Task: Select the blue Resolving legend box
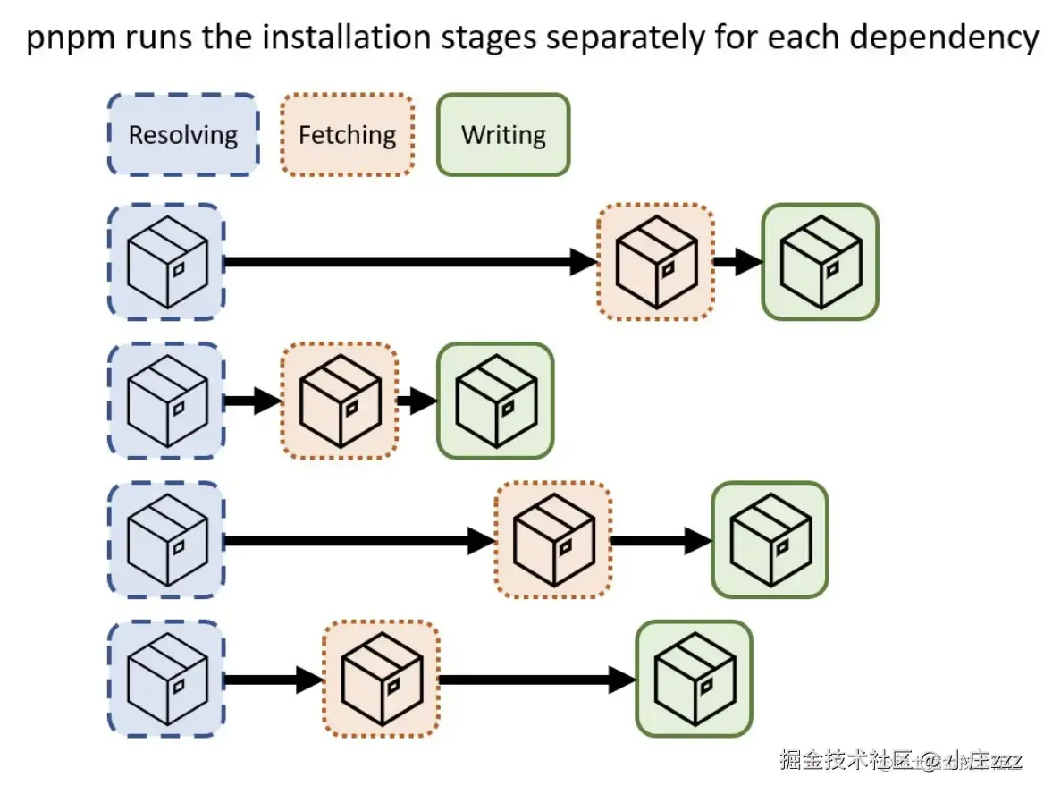point(183,135)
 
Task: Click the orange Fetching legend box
point(347,135)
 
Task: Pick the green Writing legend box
point(503,135)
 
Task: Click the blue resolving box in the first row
point(166,261)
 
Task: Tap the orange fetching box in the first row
point(655,261)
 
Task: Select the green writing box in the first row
point(820,261)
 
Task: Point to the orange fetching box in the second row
point(340,401)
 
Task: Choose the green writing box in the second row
point(495,401)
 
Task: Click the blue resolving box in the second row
point(166,401)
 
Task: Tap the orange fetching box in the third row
point(553,539)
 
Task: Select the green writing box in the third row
point(770,539)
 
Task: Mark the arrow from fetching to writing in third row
point(661,539)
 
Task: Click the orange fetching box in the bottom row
point(381,679)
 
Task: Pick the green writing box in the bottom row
point(694,679)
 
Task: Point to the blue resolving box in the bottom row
point(166,679)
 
